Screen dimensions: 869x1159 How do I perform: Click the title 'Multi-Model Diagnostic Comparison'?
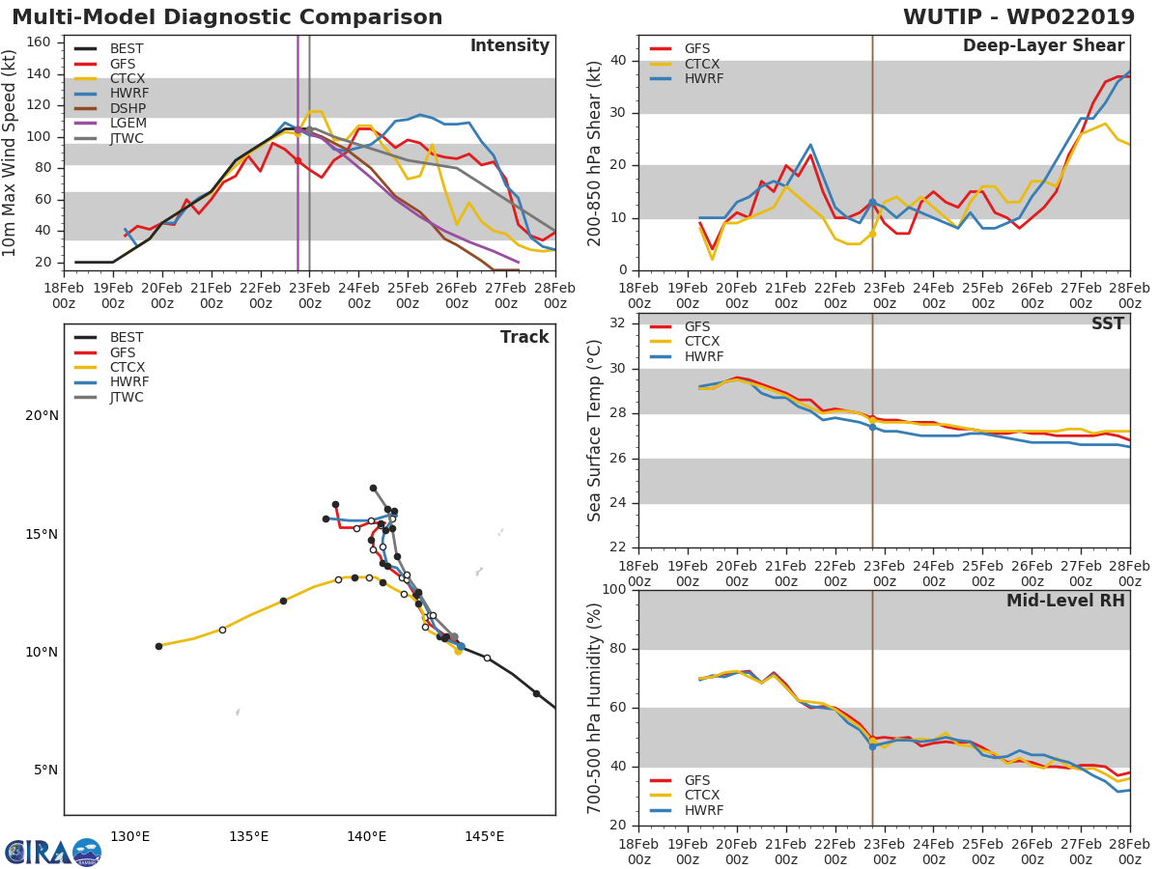click(x=227, y=17)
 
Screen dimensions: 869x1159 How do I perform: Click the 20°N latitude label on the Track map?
click(x=42, y=416)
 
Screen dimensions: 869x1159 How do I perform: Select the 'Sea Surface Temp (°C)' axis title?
click(x=595, y=431)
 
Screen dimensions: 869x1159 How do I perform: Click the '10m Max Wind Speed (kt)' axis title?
click(x=11, y=153)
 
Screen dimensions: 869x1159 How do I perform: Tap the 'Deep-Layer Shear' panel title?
click(x=1043, y=46)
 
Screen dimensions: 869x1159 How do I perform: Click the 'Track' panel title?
click(x=523, y=337)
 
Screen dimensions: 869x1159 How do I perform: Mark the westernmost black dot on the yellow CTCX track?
click(x=158, y=646)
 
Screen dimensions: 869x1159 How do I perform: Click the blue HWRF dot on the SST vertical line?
click(x=872, y=427)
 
